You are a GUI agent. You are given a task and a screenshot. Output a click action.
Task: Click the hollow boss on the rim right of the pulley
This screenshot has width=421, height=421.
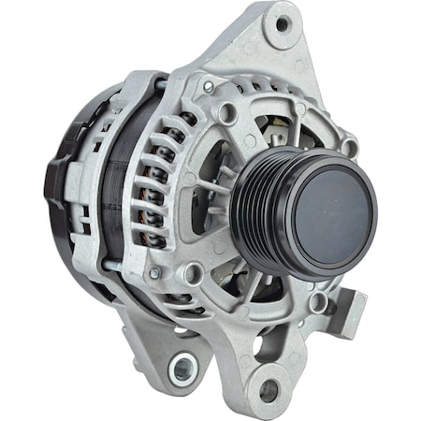pyautogui.click(x=349, y=147)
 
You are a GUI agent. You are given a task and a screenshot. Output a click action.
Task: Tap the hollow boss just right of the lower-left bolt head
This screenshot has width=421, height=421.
pyautogui.click(x=194, y=273)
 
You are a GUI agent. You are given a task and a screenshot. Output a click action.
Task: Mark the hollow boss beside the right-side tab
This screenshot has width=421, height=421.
pyautogui.click(x=320, y=301)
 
